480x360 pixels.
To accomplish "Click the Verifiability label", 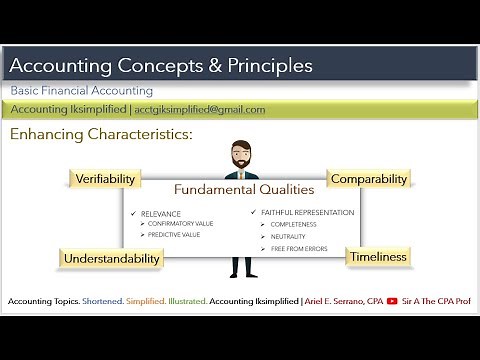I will coord(106,179).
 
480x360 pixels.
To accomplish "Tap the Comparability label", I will coord(369,179).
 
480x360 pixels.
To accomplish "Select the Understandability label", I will coord(112,259).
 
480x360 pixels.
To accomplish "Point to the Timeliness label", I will coord(378,257).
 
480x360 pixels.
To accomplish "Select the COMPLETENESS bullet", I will coord(293,225).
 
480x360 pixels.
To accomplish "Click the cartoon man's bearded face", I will coord(240,158).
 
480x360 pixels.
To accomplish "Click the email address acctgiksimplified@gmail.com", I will coord(200,110).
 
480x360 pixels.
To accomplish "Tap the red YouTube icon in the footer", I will coord(392,301).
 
